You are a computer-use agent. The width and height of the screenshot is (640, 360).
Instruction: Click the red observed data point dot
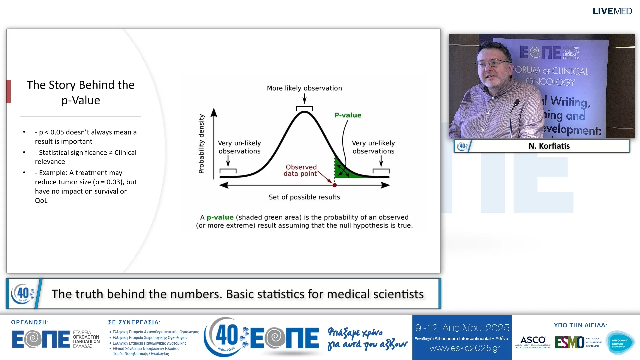click(335, 185)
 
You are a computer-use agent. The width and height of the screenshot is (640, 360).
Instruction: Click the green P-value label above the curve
click(348, 115)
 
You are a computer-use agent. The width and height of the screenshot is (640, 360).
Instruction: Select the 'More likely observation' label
click(304, 88)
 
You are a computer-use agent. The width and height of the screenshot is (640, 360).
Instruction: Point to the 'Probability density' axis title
click(201, 144)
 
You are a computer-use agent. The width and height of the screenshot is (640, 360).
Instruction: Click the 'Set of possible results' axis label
click(304, 197)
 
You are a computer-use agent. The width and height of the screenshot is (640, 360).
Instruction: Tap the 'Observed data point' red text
click(301, 170)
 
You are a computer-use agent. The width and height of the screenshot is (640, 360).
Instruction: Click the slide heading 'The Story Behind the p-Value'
click(81, 92)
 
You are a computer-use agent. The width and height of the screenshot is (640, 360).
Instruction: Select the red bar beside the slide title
click(9, 91)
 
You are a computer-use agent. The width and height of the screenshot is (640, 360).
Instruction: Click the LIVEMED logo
click(612, 11)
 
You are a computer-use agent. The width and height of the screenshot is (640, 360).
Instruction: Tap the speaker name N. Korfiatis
click(549, 146)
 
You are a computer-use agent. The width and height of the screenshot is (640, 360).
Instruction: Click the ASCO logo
click(533, 342)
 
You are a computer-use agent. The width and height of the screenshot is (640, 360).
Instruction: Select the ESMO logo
click(569, 342)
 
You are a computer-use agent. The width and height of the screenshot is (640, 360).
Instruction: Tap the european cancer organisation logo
click(620, 343)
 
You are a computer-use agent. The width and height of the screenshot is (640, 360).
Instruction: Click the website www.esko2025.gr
click(464, 348)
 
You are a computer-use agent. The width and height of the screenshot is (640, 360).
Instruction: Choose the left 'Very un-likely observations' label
click(239, 147)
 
